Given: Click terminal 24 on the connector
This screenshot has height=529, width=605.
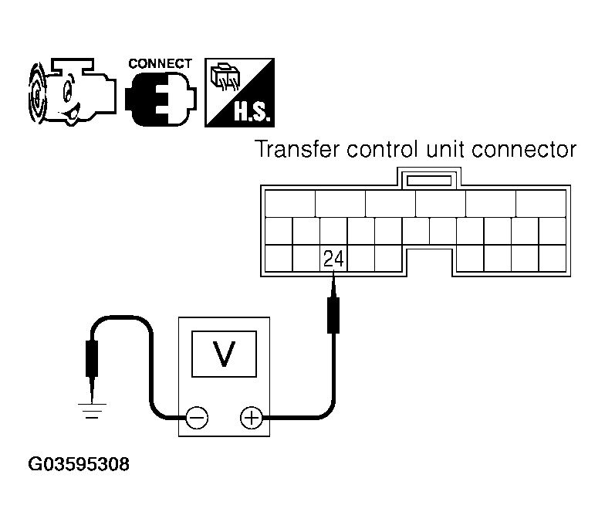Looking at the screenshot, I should click(333, 257).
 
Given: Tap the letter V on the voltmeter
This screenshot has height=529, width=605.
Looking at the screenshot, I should click(224, 353).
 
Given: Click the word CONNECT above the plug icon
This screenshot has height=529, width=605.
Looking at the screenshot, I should click(160, 63).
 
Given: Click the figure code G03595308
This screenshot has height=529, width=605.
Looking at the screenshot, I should click(79, 465).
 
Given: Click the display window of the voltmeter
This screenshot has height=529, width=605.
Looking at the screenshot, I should click(224, 353).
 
